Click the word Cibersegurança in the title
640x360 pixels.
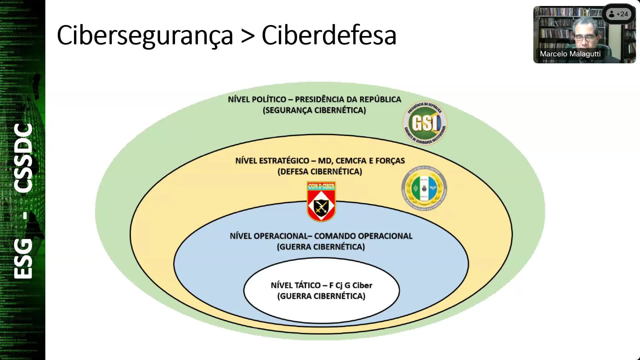145,35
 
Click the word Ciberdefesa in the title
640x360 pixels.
329,35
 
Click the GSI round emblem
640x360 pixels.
425,123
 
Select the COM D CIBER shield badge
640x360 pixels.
321,201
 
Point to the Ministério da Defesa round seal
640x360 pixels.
424,188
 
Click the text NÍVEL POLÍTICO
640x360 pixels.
257,99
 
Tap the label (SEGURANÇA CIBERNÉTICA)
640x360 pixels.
314,110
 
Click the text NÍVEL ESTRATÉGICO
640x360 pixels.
272,161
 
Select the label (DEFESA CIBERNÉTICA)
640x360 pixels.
320,172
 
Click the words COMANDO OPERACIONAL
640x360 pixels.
363,236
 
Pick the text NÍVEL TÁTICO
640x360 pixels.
295,285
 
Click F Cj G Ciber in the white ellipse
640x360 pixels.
351,285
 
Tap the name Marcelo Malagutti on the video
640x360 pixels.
570,54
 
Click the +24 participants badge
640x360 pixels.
618,14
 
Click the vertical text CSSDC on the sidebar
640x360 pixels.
23,158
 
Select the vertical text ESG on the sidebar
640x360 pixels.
23,259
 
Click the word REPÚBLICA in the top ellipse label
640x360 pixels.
380,99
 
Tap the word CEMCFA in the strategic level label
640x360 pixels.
351,161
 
